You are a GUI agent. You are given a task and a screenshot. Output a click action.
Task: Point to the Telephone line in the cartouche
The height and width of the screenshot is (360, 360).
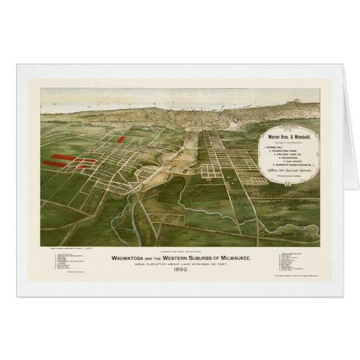tap(292, 183)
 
